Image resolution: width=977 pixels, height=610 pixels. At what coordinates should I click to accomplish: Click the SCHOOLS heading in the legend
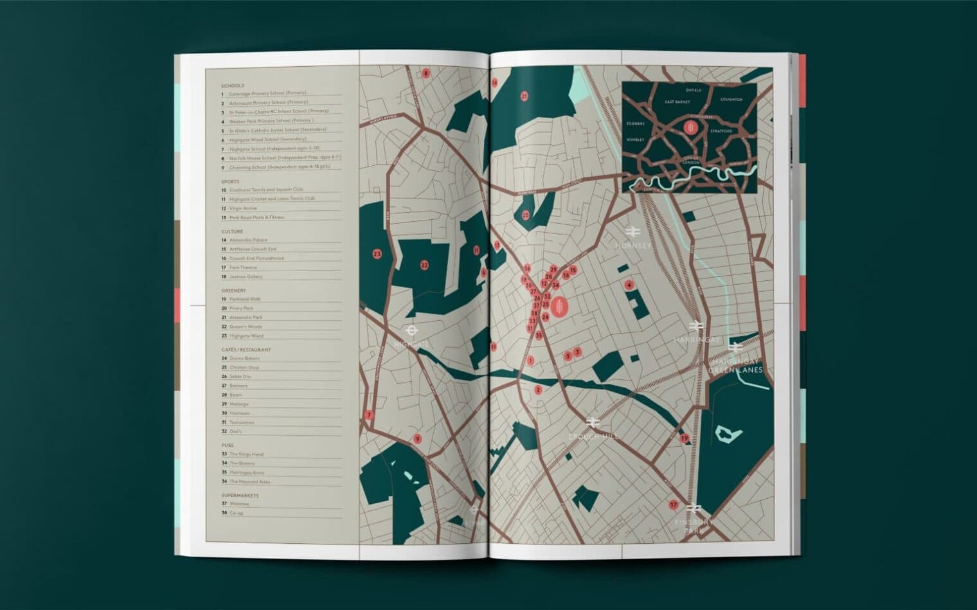coord(233,85)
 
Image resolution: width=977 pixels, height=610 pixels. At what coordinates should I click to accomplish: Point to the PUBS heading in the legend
coord(228,445)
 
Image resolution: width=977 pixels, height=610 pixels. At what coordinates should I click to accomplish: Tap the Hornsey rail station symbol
coord(632,231)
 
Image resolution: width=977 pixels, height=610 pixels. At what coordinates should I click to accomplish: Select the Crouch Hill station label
coord(593,436)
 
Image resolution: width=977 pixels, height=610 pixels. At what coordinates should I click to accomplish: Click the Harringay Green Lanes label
coord(735,366)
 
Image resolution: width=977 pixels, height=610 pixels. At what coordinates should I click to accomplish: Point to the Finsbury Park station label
coord(693,526)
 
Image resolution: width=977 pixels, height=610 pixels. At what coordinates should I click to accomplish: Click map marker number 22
coord(424,265)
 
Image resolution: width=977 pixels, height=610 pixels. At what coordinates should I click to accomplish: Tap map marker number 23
coord(377,254)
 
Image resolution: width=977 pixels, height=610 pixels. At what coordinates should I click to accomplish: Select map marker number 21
coord(524,96)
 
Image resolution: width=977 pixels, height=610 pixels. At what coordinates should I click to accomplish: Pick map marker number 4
coord(629,285)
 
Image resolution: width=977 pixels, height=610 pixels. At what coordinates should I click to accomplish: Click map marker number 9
coord(417,440)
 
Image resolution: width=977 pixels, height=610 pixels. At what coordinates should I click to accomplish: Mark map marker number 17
coord(673,505)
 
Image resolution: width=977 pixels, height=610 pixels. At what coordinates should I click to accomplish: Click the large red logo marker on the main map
coord(560,307)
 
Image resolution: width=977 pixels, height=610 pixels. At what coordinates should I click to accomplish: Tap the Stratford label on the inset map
coord(721,130)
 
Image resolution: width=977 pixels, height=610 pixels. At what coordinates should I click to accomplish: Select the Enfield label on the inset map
coord(694,90)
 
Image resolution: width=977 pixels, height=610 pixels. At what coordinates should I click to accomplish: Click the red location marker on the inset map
coord(691,129)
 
